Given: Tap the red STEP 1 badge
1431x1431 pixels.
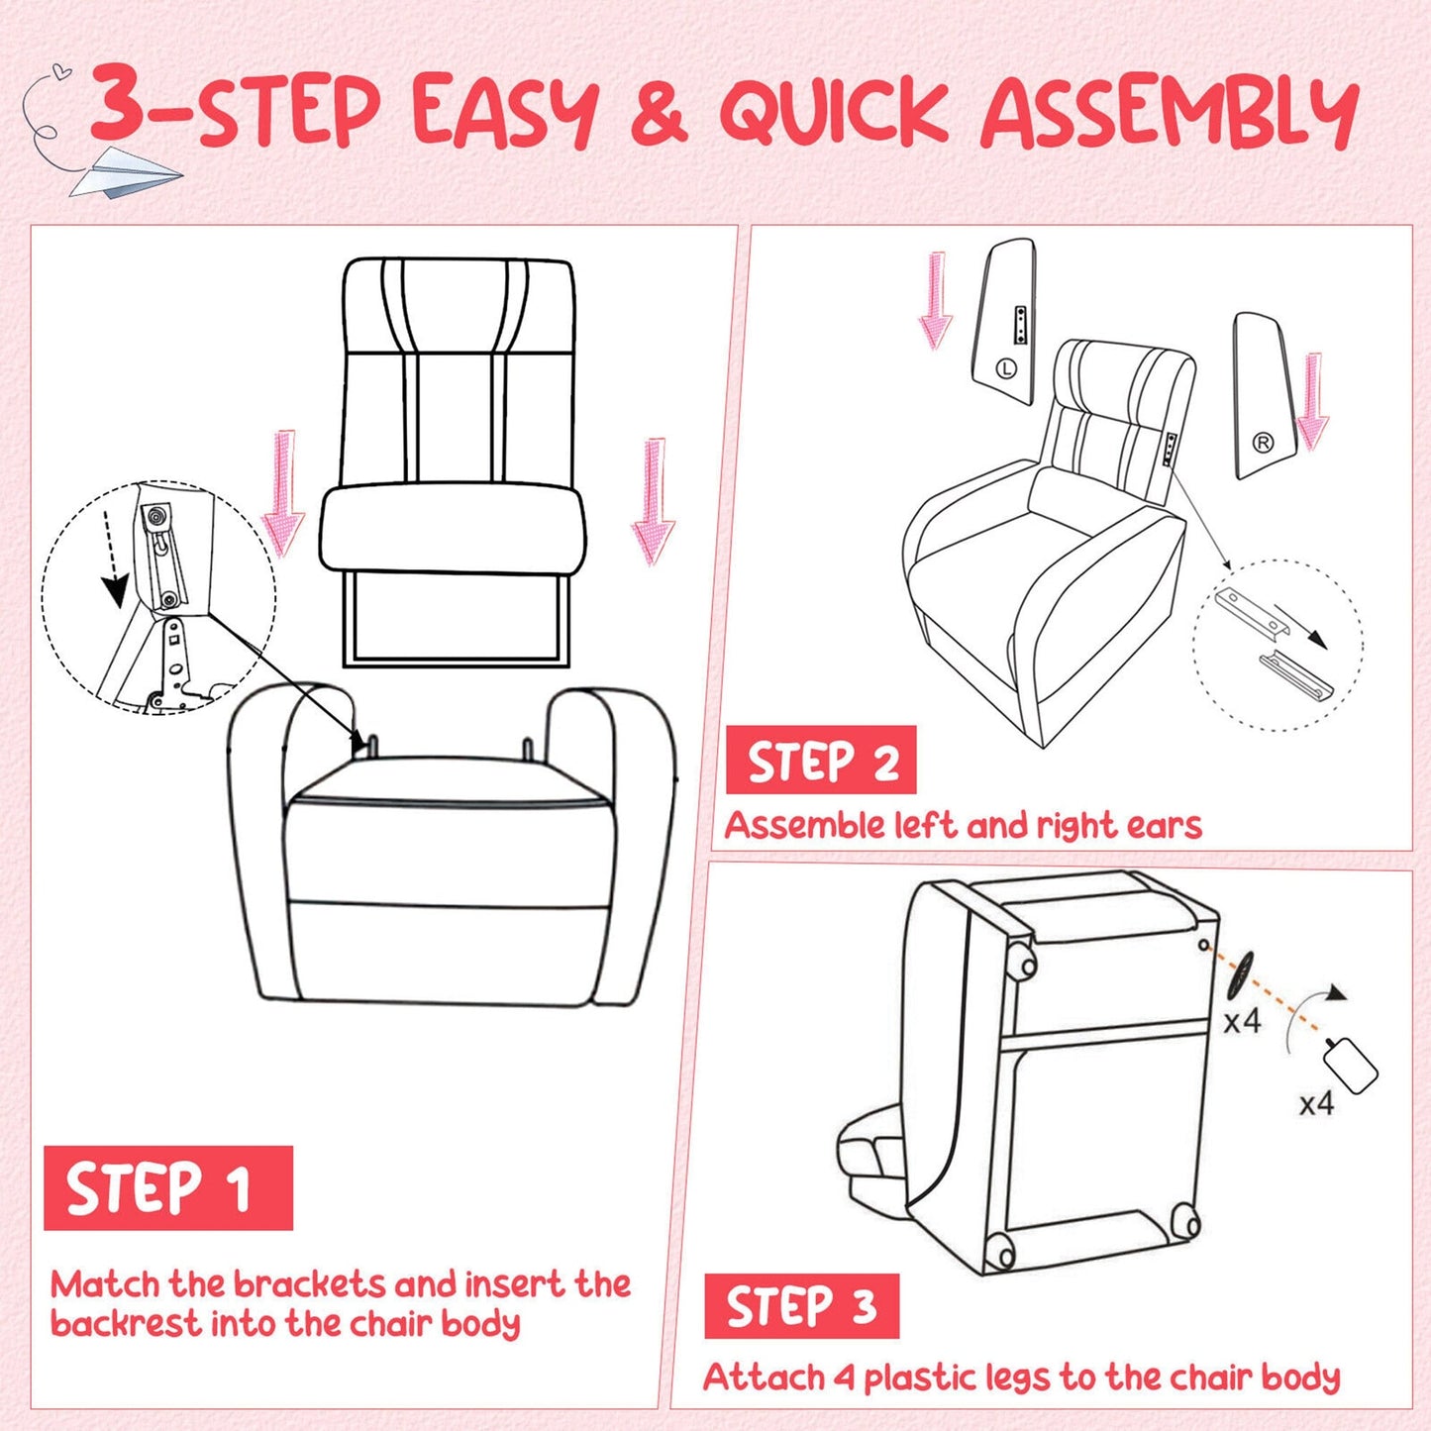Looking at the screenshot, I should pos(167,1187).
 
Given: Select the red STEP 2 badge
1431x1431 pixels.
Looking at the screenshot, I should pos(821,761).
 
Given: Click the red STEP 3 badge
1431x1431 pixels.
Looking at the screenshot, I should pos(801,1306).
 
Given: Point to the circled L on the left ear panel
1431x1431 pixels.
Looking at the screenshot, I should pos(1006,369).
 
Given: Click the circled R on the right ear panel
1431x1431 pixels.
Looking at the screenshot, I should pos(1263,443).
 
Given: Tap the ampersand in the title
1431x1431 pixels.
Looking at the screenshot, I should pos(658,112).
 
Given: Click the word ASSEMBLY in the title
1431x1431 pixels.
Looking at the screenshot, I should pos(1169,112).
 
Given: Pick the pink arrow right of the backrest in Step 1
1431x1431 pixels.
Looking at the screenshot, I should pos(653,500).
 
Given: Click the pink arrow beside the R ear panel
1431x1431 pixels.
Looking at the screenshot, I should pos(1313,402).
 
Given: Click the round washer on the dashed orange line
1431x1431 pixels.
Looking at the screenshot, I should pos(1239,975).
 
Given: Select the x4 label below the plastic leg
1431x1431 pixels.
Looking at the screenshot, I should pos(1316,1103).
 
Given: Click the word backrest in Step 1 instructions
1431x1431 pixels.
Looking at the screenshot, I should pos(125,1324).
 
